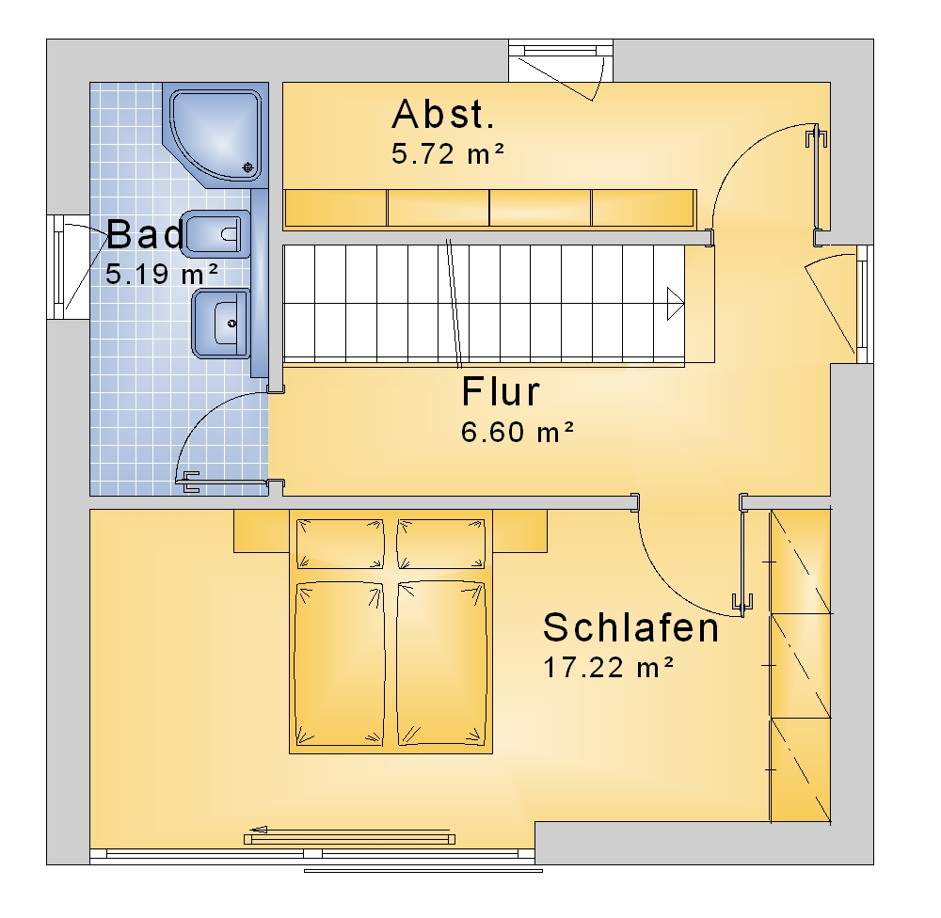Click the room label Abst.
click(443, 115)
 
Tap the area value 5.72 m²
click(448, 154)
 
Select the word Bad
click(146, 234)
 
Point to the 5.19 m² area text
click(162, 275)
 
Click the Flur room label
click(501, 392)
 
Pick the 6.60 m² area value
click(518, 432)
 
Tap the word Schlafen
click(630, 627)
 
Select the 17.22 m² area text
click(609, 668)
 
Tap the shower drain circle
click(247, 167)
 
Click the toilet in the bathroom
click(217, 234)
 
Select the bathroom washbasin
click(221, 324)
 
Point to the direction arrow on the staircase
click(676, 304)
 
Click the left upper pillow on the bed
click(340, 544)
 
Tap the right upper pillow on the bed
click(441, 544)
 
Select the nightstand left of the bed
click(262, 531)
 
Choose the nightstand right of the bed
click(519, 531)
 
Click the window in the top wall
click(561, 60)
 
